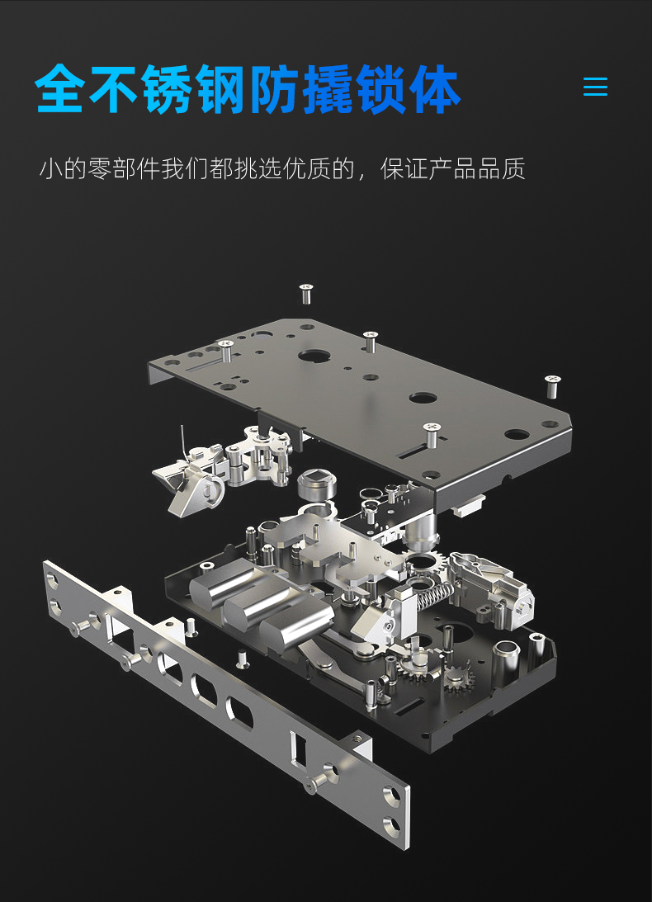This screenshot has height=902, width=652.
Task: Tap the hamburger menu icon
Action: pyautogui.click(x=595, y=87)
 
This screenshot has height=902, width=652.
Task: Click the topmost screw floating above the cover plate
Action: pyautogui.click(x=305, y=293)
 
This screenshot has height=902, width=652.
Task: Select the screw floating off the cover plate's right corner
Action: pyautogui.click(x=552, y=385)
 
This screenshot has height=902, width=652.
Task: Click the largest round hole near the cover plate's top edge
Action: pyautogui.click(x=314, y=356)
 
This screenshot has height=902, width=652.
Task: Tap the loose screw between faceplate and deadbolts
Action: pyautogui.click(x=243, y=658)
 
